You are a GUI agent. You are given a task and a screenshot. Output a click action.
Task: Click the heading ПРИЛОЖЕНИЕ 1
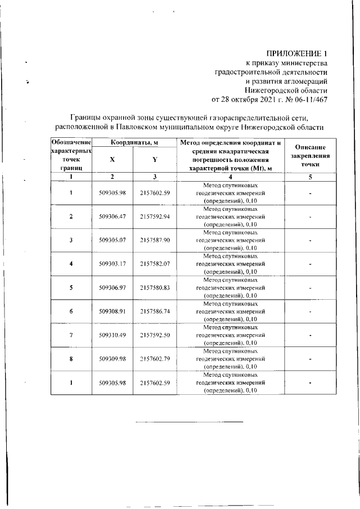tap(297, 53)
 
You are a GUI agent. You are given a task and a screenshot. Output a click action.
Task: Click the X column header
tap(112, 160)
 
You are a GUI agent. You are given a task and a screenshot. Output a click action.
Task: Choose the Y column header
tap(154, 160)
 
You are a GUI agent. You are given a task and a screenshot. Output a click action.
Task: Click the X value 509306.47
tap(111, 217)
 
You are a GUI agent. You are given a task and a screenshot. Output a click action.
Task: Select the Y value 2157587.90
tap(155, 240)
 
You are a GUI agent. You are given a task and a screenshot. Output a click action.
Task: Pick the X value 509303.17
tap(111, 264)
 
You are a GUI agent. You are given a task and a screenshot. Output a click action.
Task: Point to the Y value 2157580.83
tap(155, 287)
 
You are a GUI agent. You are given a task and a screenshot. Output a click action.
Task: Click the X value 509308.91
tap(111, 311)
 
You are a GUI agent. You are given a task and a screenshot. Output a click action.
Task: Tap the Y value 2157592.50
tap(155, 335)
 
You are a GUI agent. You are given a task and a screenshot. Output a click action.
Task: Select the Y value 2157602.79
tap(155, 359)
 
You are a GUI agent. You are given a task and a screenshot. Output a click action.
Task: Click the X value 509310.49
tap(111, 335)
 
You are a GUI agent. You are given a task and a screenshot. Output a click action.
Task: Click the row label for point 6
tap(71, 311)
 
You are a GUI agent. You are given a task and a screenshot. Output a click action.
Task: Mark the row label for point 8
tap(71, 359)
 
